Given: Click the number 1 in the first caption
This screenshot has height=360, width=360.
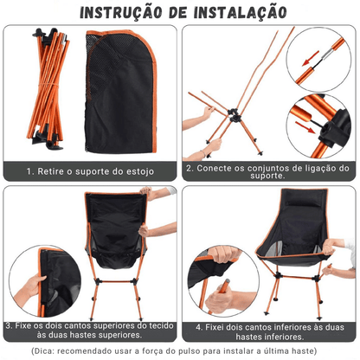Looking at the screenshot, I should tap(29, 172).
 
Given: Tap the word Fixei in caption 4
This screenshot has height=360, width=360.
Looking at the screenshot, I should tap(221, 327).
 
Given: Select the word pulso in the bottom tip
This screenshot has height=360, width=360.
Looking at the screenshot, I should tap(212, 351).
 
